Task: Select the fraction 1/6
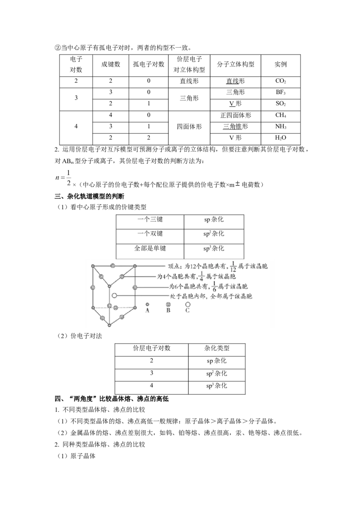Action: pos(214,287)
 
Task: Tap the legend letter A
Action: pos(148,310)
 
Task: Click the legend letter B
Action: pos(168,310)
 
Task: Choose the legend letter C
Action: pos(188,310)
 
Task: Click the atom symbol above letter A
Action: pos(148,304)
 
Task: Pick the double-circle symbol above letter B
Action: pos(168,304)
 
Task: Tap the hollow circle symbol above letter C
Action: pos(188,304)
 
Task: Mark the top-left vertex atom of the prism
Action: pos(93,266)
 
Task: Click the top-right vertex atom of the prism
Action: pos(135,266)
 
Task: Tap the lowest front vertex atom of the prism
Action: pos(109,324)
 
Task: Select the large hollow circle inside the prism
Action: pos(115,295)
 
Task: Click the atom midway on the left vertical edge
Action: pos(93,287)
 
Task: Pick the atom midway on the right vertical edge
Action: pos(135,287)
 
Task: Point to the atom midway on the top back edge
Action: pos(112,266)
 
